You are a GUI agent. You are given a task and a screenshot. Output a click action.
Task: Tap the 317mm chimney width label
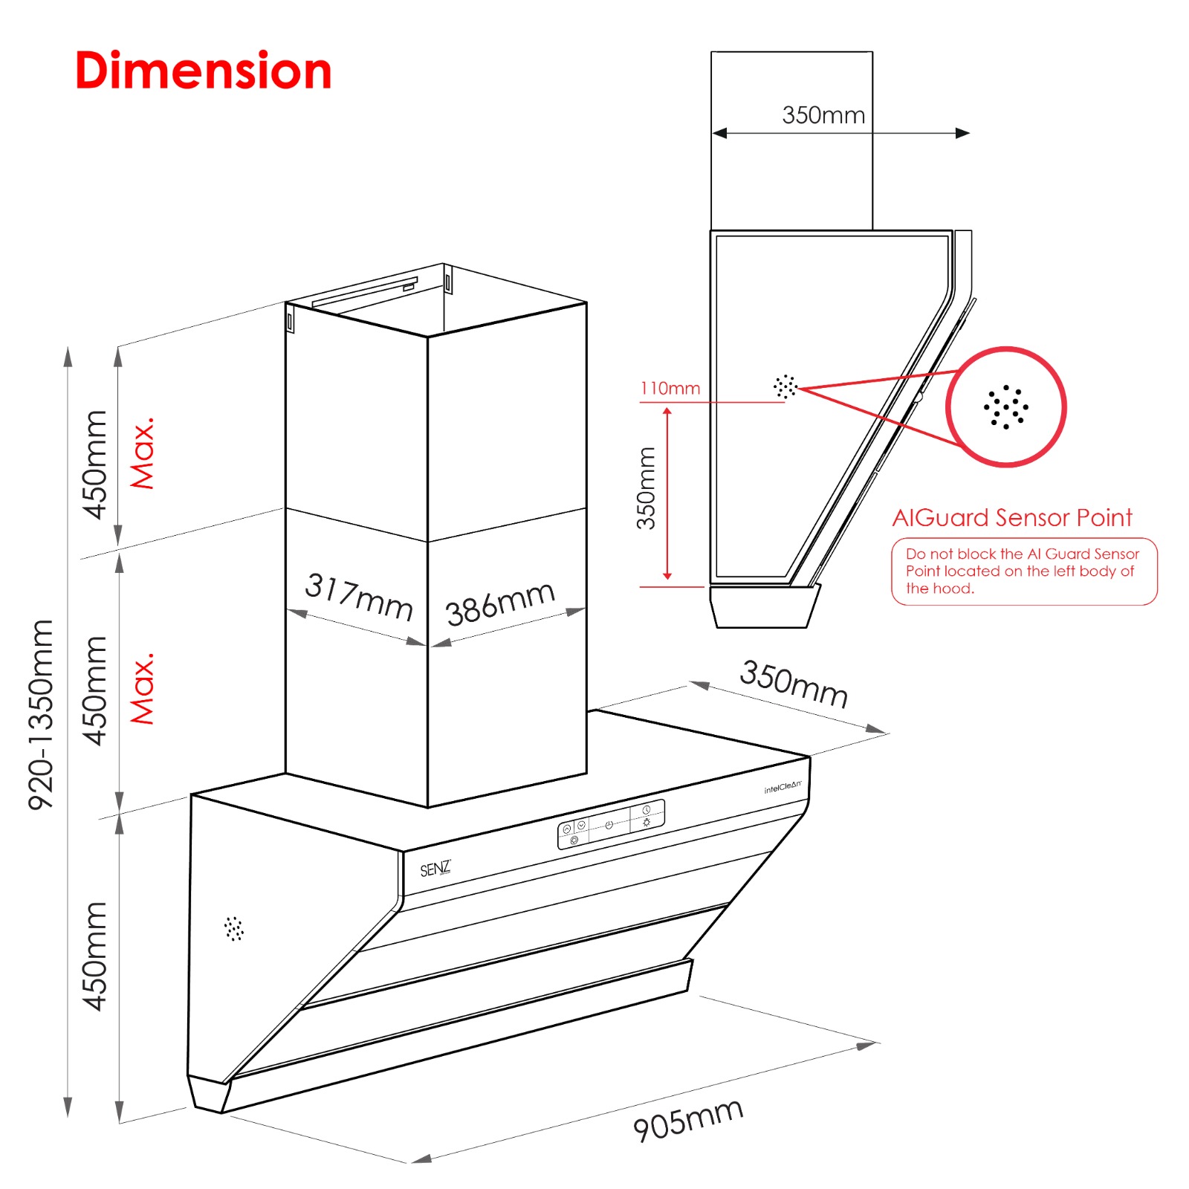click(x=360, y=596)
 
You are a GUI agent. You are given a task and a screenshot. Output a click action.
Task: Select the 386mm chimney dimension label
click(x=500, y=603)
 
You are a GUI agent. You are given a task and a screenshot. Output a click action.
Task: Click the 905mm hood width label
click(x=688, y=1119)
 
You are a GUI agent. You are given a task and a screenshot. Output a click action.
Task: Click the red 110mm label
click(x=670, y=388)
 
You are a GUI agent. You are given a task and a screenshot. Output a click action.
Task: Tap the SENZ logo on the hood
click(x=435, y=869)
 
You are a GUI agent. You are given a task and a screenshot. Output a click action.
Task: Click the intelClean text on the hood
click(x=783, y=786)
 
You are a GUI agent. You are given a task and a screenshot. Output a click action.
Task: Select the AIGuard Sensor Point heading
click(x=1012, y=517)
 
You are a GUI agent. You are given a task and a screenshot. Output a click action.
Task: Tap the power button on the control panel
click(x=609, y=825)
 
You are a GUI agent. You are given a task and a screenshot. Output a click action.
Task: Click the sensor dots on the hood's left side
click(x=234, y=928)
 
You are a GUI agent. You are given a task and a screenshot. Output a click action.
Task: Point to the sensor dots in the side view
click(x=785, y=386)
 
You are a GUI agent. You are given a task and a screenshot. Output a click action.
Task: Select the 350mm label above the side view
click(x=823, y=115)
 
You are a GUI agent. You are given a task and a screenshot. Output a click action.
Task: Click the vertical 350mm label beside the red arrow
click(x=647, y=488)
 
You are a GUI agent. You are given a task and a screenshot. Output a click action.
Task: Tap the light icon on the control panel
click(x=647, y=822)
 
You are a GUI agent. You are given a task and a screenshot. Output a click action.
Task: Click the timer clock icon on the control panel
click(x=647, y=809)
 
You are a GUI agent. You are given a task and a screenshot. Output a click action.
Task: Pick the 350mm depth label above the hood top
click(x=794, y=684)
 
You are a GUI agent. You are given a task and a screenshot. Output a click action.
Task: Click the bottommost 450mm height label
click(x=95, y=956)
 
